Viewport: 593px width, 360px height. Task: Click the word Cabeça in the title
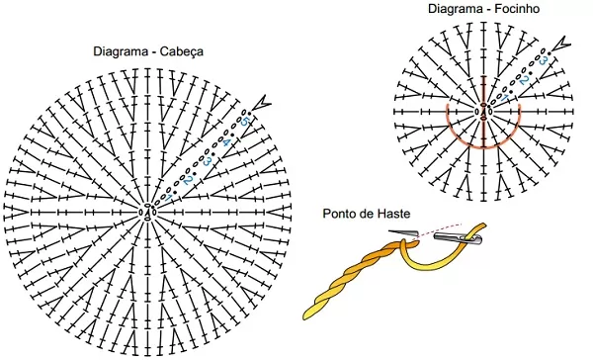click(181, 51)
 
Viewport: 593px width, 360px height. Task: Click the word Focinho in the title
click(517, 8)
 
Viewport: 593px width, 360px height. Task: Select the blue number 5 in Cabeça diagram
click(245, 122)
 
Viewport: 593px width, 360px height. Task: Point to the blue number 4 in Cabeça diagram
click(225, 142)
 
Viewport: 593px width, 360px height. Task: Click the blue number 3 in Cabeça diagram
click(207, 161)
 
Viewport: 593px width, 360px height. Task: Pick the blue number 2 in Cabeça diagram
click(188, 181)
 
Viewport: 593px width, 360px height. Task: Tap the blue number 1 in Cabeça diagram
click(169, 198)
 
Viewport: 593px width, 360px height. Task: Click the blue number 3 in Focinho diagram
click(543, 60)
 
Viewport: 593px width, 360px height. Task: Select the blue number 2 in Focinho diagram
click(524, 80)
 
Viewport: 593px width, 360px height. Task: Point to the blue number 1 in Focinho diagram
click(504, 99)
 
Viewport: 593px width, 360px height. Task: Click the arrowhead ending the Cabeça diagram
click(262, 103)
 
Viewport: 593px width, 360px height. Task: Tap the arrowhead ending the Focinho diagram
click(560, 44)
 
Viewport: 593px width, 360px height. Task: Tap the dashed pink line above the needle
click(439, 229)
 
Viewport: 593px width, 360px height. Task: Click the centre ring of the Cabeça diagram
click(148, 212)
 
